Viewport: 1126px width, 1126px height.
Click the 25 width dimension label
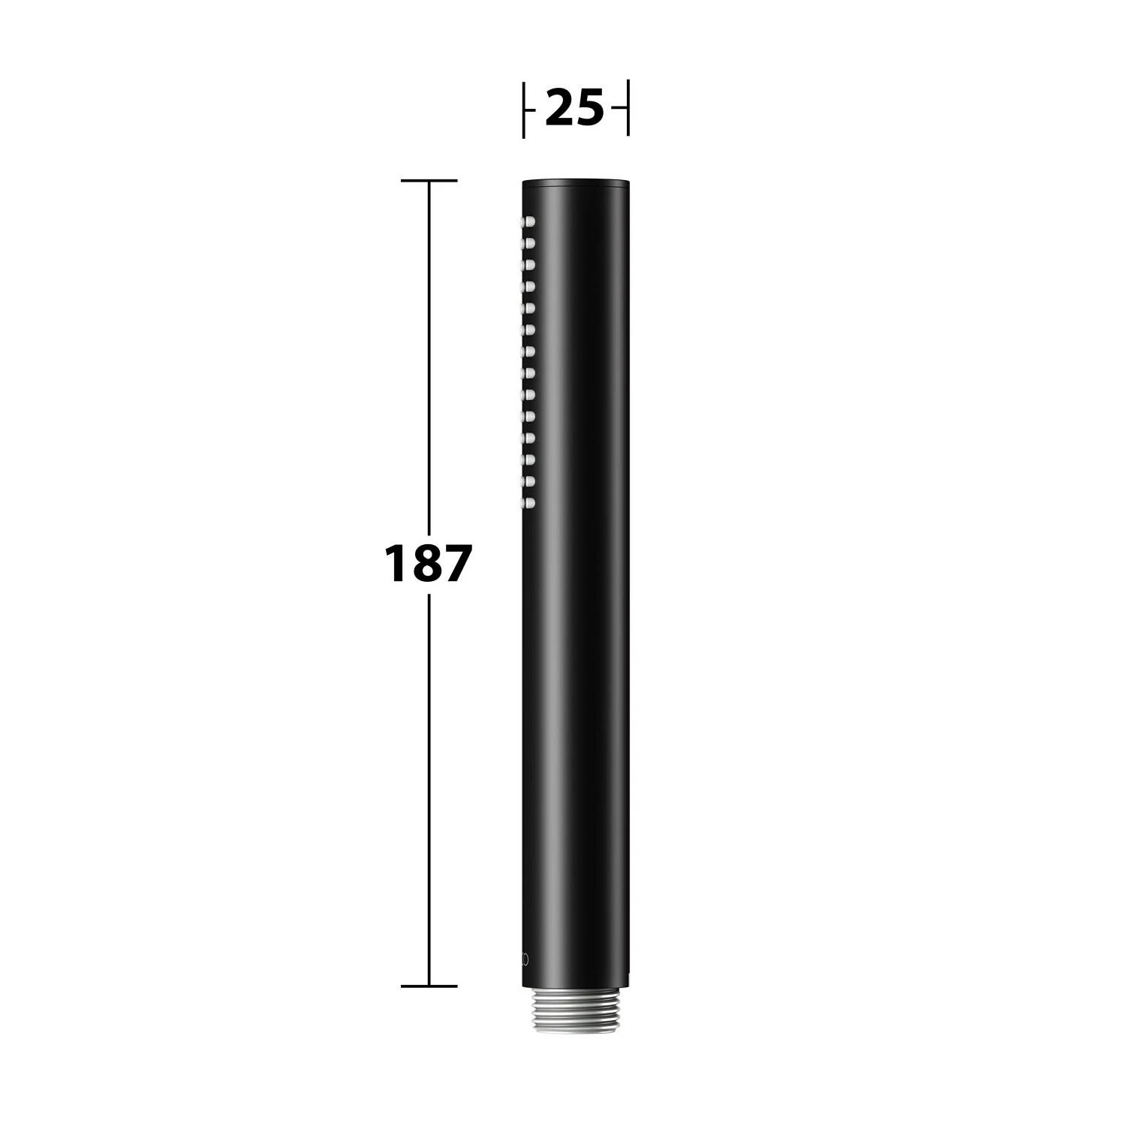pyautogui.click(x=574, y=107)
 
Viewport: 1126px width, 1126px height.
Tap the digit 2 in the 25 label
pyautogui.click(x=559, y=107)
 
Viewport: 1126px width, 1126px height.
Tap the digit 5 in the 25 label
pyautogui.click(x=590, y=107)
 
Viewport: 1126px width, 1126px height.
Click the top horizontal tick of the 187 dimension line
pyautogui.click(x=429, y=181)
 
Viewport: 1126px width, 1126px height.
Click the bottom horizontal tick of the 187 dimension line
pyautogui.click(x=429, y=986)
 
